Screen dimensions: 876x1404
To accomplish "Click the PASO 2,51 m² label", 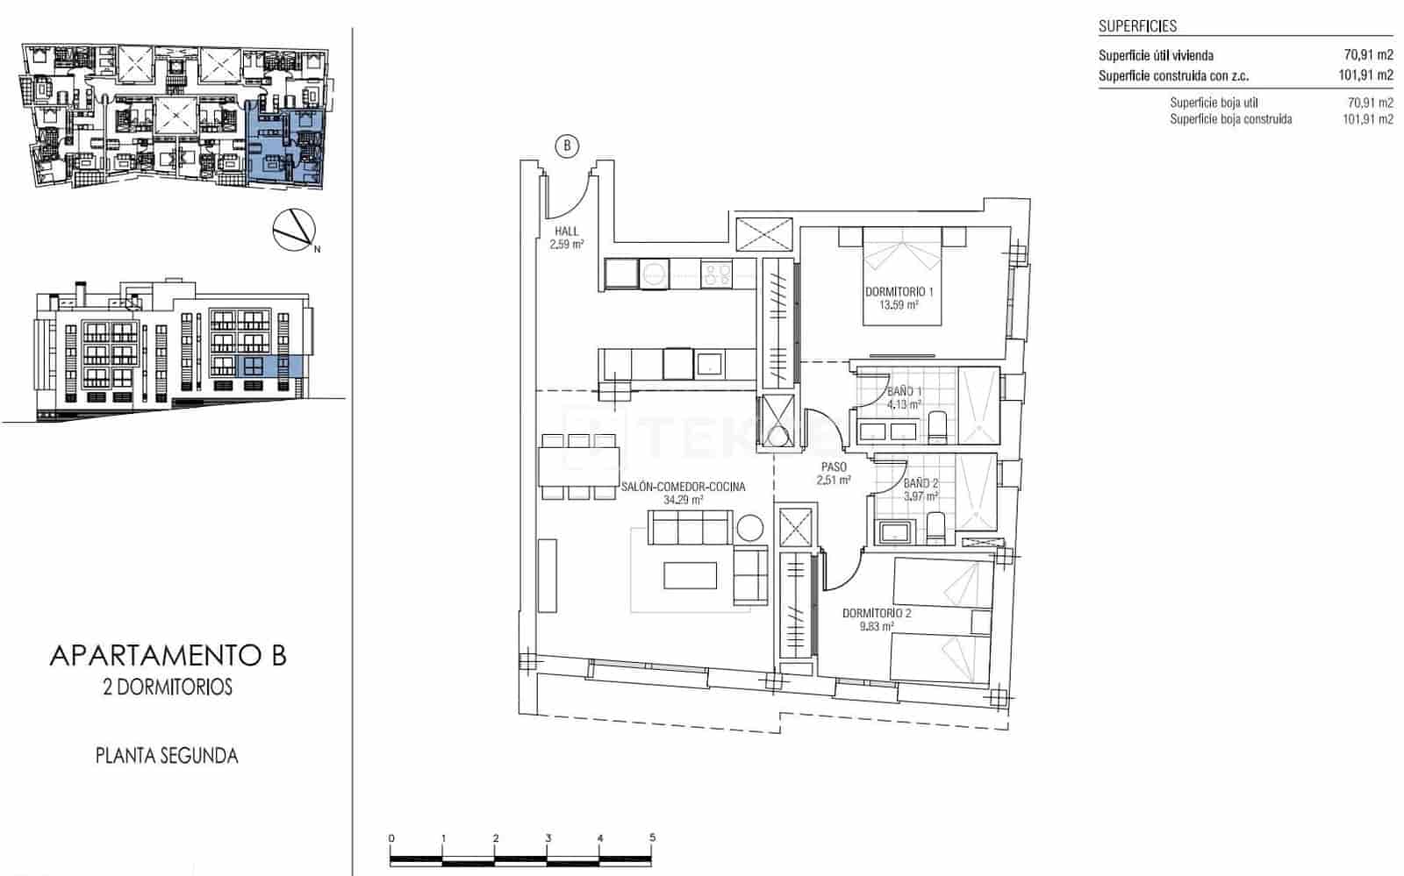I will click(834, 474).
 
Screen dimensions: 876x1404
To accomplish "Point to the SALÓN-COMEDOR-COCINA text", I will click(684, 487).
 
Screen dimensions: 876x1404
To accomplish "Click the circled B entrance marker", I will click(567, 146).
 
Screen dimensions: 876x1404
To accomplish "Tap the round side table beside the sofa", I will click(751, 528).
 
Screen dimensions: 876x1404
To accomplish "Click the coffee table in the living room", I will click(690, 575).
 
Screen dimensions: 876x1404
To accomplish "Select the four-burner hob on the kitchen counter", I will click(716, 274).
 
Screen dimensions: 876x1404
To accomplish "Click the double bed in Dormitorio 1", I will click(902, 275).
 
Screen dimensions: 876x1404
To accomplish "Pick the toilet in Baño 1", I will click(937, 428).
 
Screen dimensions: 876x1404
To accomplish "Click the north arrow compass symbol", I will click(293, 230).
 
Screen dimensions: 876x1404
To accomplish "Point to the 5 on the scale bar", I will click(652, 838).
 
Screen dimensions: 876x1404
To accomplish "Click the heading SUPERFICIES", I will click(1137, 26).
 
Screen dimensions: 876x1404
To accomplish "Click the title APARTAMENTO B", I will click(168, 655).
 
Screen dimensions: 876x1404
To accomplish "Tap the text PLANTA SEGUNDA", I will click(167, 755).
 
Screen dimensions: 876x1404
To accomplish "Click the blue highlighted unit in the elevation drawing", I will click(269, 366).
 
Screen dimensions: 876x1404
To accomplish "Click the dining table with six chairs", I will click(579, 466).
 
